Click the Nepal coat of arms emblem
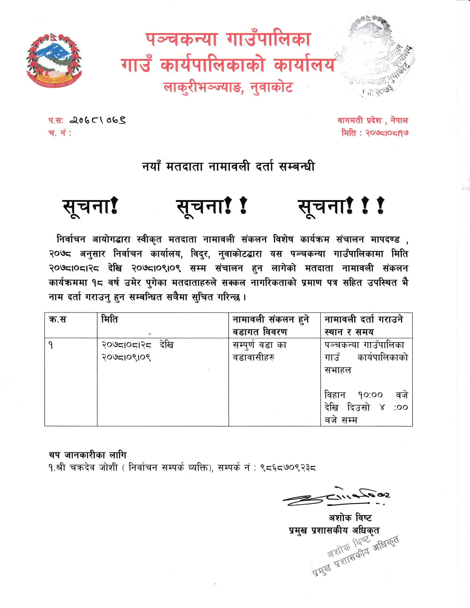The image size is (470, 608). coord(54,60)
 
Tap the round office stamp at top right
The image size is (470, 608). coord(376,57)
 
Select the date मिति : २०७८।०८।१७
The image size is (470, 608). coord(375,133)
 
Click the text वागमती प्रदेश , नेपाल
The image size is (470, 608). coord(372,120)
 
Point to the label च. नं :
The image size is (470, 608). coord(59,133)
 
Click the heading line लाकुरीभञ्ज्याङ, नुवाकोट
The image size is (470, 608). coord(228,87)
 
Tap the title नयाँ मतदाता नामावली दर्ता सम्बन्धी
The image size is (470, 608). coord(228,167)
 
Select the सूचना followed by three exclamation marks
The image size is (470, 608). coord(341,206)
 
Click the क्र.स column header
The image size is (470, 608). coord(58,319)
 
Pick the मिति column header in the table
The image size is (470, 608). coord(109,319)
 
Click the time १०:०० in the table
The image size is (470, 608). coord(370,395)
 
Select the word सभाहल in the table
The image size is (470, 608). coord(338,370)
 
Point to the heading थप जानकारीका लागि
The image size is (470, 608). coord(87,455)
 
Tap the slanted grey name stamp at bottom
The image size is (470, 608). coord(356,555)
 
